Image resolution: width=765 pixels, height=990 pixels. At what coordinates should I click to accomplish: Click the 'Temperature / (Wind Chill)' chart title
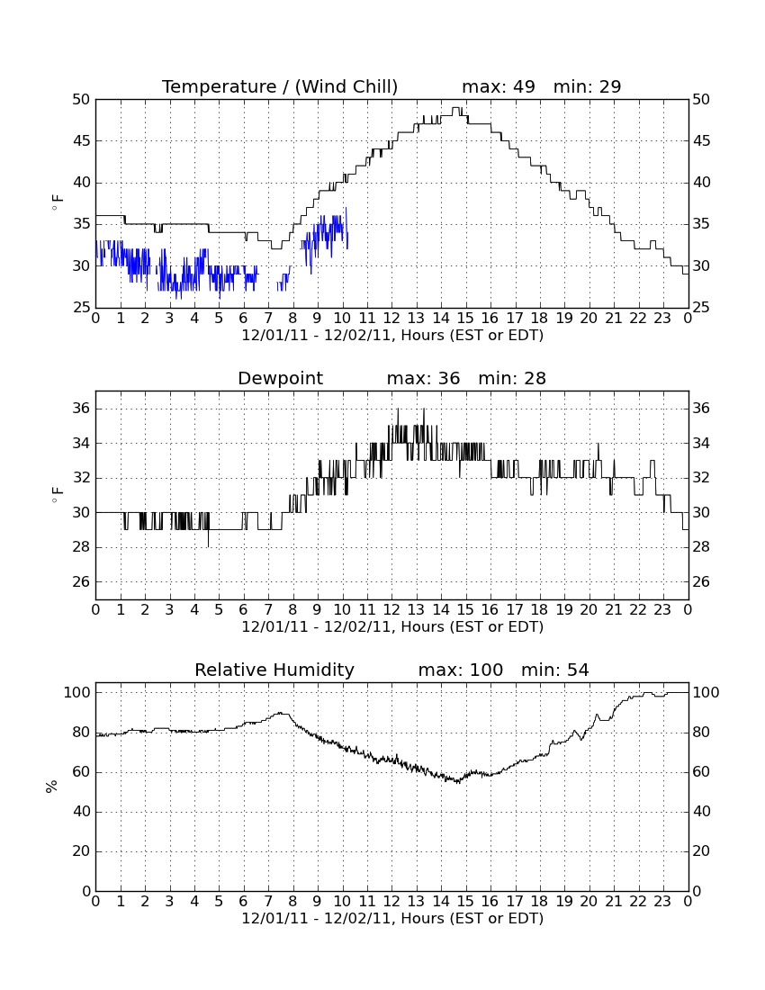coord(280,86)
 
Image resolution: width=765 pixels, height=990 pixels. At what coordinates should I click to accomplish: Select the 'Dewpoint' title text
coord(280,378)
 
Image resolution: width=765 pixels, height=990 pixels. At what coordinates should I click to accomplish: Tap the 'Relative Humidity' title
coord(274,670)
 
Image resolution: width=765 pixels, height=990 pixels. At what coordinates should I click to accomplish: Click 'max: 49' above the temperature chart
coord(499,86)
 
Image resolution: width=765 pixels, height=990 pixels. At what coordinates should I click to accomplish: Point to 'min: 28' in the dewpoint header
coord(512,378)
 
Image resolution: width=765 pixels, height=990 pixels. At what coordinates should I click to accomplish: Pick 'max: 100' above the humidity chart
coord(461,670)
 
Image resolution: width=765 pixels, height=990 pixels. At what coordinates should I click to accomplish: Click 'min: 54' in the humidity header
coord(554,670)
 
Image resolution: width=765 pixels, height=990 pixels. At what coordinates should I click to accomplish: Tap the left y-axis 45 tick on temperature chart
coord(82,140)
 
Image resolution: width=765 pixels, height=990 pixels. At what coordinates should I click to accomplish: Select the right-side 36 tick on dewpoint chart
coord(701,409)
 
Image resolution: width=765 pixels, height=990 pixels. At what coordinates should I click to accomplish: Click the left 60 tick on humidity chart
coord(82,771)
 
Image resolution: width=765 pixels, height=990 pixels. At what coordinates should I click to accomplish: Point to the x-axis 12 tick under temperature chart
coord(391,319)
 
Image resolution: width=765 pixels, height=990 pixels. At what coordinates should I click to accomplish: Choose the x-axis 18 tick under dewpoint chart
coord(540,610)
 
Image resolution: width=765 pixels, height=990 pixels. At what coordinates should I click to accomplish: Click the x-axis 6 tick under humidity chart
coord(244,902)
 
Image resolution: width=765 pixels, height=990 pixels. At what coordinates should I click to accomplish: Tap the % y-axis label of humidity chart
coord(52,786)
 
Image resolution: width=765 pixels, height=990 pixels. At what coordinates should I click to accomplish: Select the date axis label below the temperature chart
coord(392,336)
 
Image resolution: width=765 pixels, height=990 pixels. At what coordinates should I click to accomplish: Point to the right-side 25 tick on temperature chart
coord(701,308)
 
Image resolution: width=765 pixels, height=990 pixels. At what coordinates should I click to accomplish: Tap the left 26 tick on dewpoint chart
coord(82,581)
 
